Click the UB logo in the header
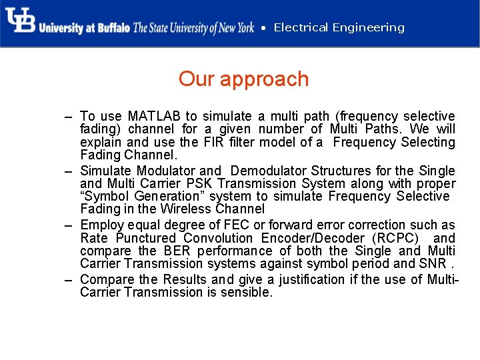[x=20, y=20]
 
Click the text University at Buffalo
[x=84, y=28]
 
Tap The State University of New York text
[x=193, y=28]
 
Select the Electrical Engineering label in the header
[x=339, y=27]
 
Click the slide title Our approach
[x=243, y=79]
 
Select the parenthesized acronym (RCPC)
[x=395, y=238]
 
